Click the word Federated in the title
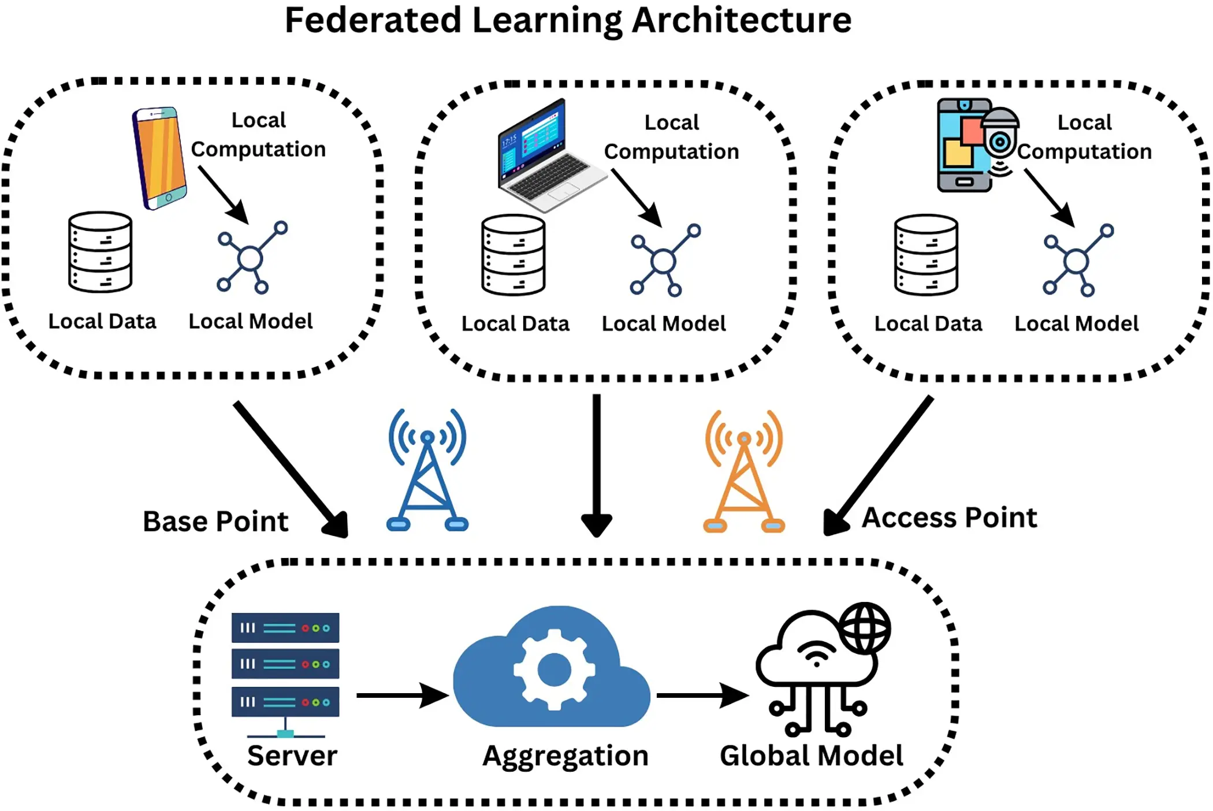[373, 20]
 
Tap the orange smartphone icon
[159, 158]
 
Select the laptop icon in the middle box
[546, 156]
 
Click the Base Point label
[215, 522]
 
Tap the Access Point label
[949, 518]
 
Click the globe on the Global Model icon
[865, 628]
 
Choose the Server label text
[292, 756]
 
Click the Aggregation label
[565, 756]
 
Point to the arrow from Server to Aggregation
[401, 695]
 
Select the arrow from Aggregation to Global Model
[701, 695]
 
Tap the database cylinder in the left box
[100, 252]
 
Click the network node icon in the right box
[1077, 261]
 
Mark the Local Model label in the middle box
[663, 323]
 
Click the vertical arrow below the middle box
[597, 462]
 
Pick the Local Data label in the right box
[928, 323]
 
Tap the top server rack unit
[285, 628]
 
